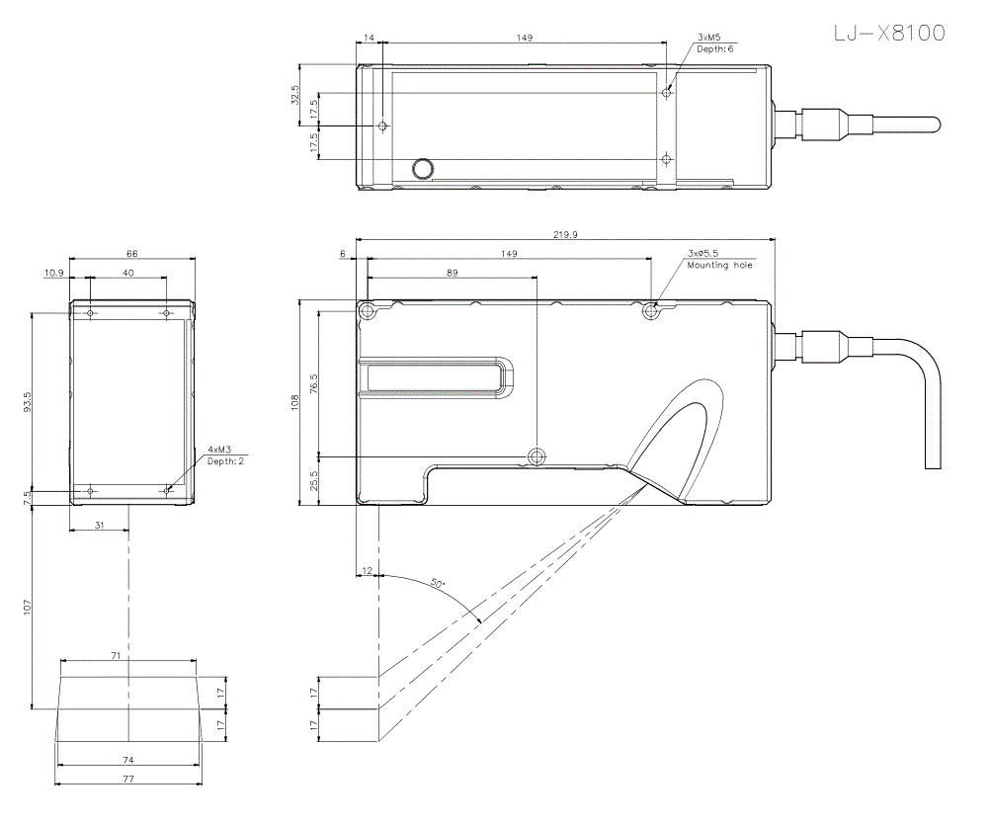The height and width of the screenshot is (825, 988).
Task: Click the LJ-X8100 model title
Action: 888,34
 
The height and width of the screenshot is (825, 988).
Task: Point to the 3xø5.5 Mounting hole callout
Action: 720,259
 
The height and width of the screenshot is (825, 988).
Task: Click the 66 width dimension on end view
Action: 131,254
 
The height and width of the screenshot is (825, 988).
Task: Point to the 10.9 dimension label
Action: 53,272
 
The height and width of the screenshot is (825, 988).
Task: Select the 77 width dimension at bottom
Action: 128,780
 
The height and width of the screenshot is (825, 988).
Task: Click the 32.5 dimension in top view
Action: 294,94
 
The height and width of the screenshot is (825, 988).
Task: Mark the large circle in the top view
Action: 424,168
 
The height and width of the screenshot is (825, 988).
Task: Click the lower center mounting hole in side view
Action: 536,456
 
